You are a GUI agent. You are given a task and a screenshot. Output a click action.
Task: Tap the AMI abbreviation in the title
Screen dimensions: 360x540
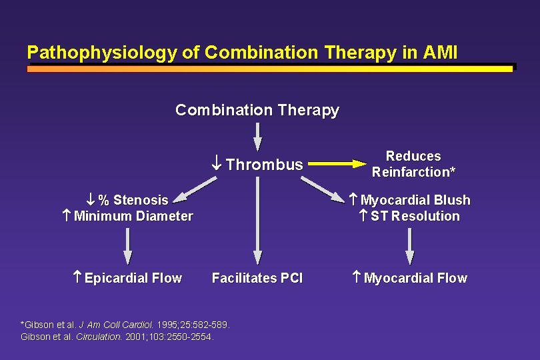[x=439, y=53]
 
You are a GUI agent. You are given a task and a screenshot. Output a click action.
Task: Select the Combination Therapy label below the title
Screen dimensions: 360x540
[x=257, y=110]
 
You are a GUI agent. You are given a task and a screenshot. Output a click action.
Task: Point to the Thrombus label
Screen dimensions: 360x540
[x=264, y=165]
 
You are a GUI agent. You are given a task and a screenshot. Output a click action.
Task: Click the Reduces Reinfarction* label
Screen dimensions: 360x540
[x=414, y=164]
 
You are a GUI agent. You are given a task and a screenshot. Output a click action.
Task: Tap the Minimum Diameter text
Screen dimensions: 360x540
[x=133, y=216]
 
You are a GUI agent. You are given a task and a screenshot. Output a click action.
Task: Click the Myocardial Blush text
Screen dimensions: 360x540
[x=415, y=200]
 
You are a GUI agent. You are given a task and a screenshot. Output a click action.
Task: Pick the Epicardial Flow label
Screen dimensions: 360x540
[x=133, y=278]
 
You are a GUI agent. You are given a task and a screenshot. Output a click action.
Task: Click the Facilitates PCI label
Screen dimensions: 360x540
[x=257, y=278]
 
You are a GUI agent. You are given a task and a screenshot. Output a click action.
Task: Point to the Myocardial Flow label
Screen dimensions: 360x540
[x=415, y=278]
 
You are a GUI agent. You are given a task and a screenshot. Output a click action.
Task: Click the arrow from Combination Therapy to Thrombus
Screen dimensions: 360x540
[x=257, y=137]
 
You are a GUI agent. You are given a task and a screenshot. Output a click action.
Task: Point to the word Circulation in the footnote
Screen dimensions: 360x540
[x=99, y=337]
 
